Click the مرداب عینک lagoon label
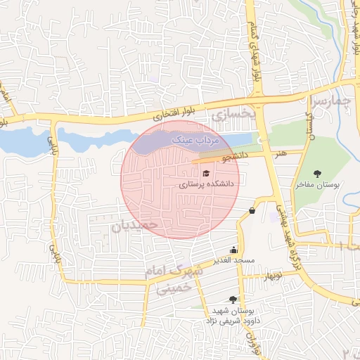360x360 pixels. pyautogui.click(x=202, y=141)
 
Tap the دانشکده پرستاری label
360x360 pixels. pyautogui.click(x=210, y=184)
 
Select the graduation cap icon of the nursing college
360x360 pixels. pyautogui.click(x=206, y=173)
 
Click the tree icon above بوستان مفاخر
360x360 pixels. pyautogui.click(x=318, y=173)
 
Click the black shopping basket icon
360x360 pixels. pyautogui.click(x=252, y=210)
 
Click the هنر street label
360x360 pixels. pyautogui.click(x=281, y=152)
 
